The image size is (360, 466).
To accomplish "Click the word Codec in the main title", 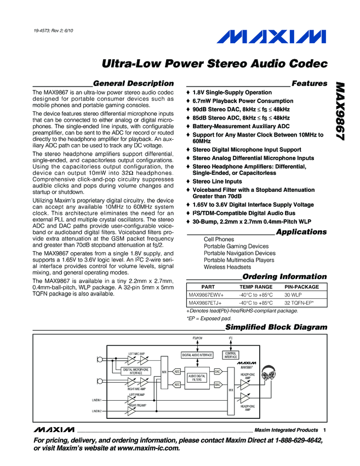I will point(307,64).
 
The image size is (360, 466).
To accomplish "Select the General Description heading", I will point(133,83).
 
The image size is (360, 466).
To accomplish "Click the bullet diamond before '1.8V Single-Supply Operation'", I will point(188,93).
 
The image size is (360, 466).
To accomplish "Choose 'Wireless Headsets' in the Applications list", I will point(226,267).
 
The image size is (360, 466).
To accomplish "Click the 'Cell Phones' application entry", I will point(219,240).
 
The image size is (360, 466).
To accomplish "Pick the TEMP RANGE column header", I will point(255,287).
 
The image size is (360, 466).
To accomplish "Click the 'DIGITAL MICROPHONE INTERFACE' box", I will point(136,371).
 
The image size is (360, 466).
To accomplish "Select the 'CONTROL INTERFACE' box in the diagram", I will point(231,355).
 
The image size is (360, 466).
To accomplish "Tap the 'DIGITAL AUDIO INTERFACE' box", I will point(197,355).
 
